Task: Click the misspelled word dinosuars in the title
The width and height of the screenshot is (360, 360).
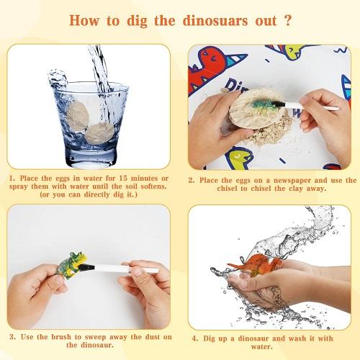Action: (x=215, y=21)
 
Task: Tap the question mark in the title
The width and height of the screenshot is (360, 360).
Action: (x=287, y=20)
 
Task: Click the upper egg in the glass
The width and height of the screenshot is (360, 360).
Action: (x=78, y=116)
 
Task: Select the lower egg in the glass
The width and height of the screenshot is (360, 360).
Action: (x=100, y=133)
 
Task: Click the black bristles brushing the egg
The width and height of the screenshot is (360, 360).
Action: (x=279, y=104)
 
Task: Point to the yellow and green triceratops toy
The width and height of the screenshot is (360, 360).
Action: (x=71, y=265)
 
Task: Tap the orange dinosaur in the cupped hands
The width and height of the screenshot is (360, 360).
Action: (x=255, y=264)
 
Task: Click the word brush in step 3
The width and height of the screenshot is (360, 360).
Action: (x=61, y=337)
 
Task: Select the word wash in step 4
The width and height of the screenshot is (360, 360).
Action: (x=297, y=338)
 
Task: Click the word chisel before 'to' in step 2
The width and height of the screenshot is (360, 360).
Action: (x=228, y=189)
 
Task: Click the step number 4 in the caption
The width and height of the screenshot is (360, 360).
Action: (x=195, y=338)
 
